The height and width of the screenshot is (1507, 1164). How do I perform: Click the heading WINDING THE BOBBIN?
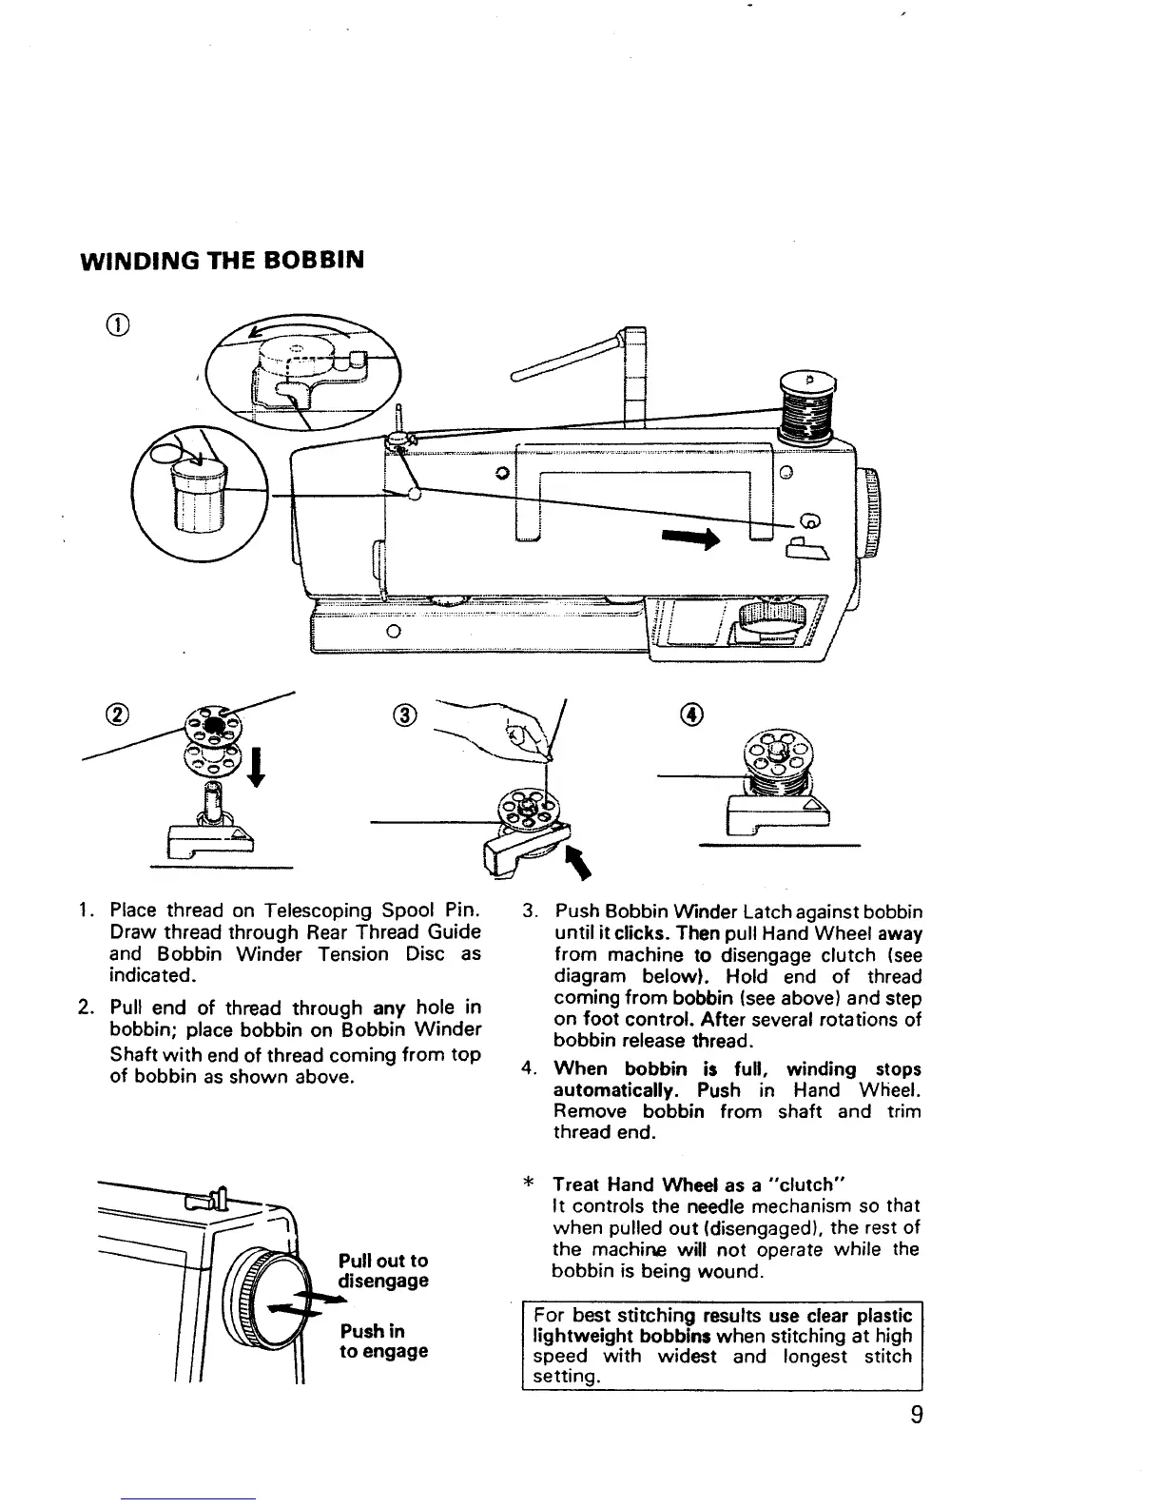click(x=220, y=260)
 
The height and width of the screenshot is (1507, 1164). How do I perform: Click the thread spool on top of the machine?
click(x=807, y=406)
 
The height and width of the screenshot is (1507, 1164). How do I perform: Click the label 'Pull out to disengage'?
click(x=383, y=1270)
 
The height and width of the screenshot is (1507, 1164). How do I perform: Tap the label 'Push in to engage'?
click(x=383, y=1341)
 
